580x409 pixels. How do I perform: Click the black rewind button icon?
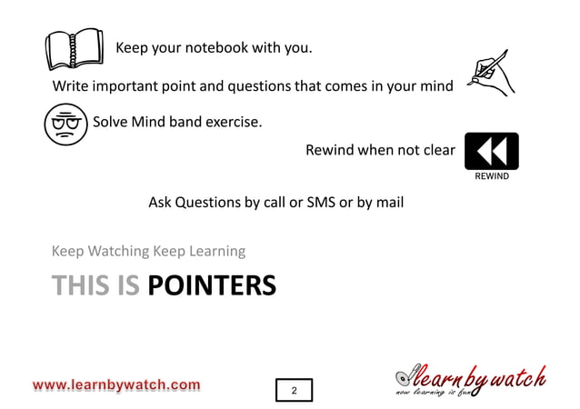[491, 151]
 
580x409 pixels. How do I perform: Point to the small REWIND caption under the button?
[492, 176]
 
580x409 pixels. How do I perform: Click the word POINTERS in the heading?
[211, 286]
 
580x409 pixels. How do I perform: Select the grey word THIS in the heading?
[82, 286]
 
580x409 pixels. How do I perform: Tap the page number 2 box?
[294, 390]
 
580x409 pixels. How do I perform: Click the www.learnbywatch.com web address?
[116, 385]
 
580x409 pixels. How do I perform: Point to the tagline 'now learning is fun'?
[432, 393]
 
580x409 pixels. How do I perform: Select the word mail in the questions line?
[388, 202]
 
